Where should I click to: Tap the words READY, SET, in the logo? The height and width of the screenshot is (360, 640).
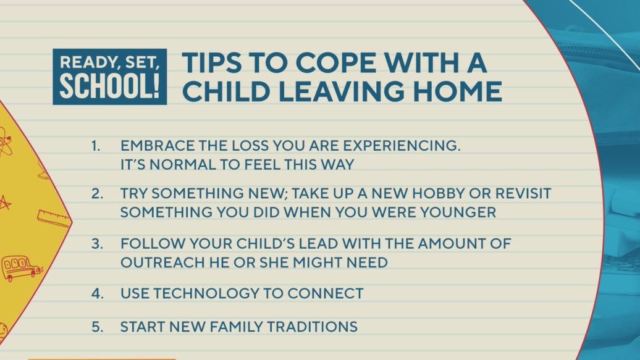click(109, 62)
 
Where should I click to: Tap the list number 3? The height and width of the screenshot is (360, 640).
click(97, 243)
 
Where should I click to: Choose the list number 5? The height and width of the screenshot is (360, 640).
click(97, 326)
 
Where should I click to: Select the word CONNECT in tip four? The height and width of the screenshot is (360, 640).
click(331, 293)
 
